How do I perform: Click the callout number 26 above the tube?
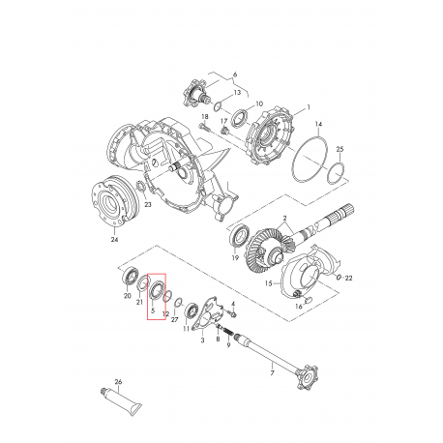[x=117, y=383]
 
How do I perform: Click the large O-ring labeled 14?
[x=310, y=158]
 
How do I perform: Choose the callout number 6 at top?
[x=233, y=73]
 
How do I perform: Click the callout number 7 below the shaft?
[x=274, y=373]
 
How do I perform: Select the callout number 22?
[x=349, y=278]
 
